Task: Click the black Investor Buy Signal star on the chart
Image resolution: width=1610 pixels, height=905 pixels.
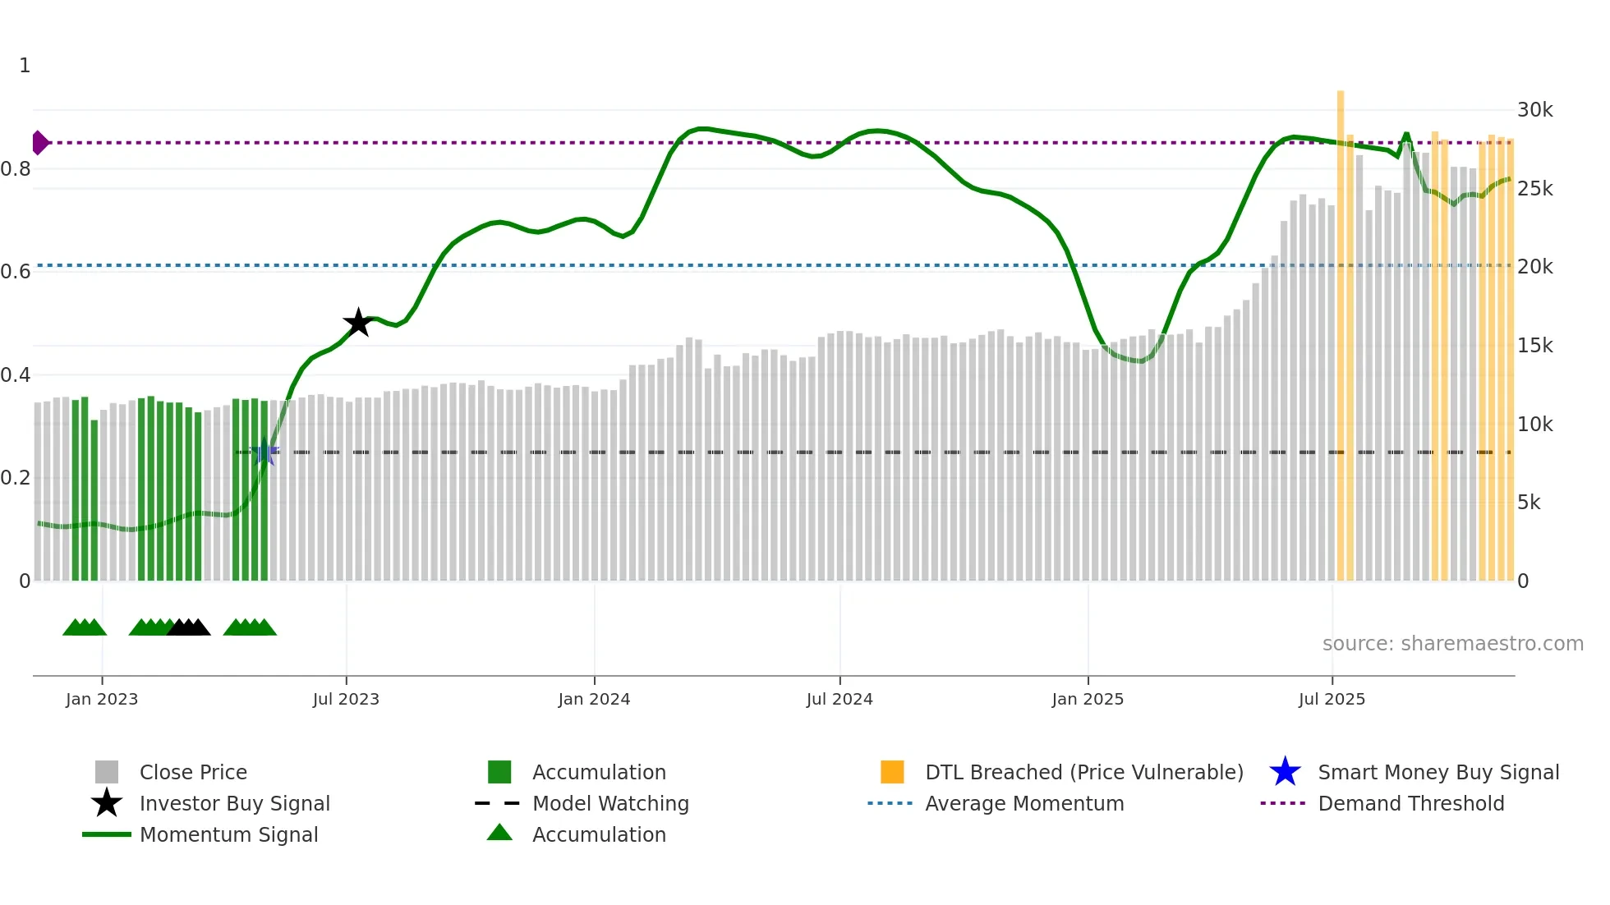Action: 358,323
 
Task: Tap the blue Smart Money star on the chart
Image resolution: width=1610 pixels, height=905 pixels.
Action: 264,452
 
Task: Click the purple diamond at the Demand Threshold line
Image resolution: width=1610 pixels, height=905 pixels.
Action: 39,143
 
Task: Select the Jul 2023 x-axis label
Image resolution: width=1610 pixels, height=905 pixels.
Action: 346,699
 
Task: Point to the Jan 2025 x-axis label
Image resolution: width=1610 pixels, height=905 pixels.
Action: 1088,699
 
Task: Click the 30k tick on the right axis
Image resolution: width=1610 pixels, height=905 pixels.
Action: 1534,110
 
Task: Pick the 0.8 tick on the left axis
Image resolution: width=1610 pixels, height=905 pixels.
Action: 16,169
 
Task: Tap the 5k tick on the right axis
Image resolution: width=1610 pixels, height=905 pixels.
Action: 1529,503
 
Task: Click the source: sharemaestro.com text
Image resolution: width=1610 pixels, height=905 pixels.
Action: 1452,644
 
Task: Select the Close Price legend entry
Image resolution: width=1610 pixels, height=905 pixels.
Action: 193,772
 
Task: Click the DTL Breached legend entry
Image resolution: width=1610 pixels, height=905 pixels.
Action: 1083,772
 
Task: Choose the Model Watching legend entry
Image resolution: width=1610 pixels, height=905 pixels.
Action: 609,803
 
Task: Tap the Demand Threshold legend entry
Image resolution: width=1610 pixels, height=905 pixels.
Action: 1410,803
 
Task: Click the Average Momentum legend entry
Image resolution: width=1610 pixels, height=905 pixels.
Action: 1023,803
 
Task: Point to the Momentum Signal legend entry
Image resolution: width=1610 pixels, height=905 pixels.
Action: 228,834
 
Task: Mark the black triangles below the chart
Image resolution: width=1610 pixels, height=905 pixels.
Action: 189,627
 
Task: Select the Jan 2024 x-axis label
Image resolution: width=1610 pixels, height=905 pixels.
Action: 594,699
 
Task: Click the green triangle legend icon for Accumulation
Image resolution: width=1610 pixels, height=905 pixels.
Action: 499,833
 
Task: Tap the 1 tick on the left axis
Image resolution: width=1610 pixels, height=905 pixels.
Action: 25,66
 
